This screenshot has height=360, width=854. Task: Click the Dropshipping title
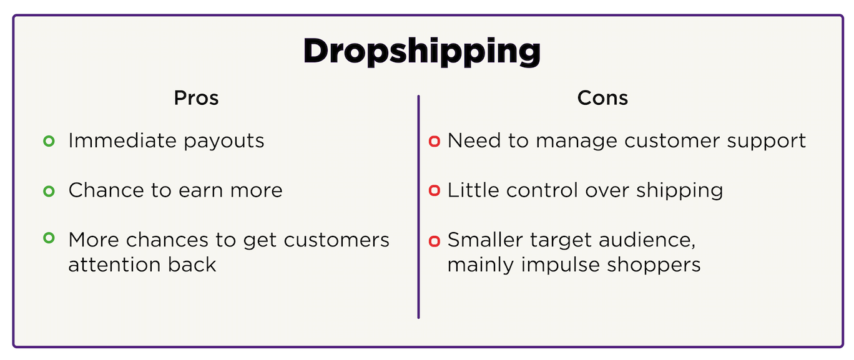click(x=421, y=52)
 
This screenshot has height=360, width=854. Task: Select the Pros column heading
click(x=197, y=98)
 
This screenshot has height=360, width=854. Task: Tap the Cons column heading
click(x=602, y=98)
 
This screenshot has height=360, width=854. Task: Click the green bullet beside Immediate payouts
click(x=49, y=141)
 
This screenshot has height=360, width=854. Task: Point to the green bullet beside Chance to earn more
click(x=49, y=191)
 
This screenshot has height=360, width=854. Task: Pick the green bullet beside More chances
click(x=49, y=238)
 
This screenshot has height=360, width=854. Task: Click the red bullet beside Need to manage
click(x=434, y=141)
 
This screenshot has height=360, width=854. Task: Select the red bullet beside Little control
click(x=434, y=190)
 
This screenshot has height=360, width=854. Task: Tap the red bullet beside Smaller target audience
click(x=434, y=241)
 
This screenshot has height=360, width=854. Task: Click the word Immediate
click(x=122, y=140)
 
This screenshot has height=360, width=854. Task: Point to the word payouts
click(x=223, y=142)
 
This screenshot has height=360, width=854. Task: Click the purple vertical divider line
click(x=419, y=207)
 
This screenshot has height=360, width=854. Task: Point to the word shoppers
click(x=654, y=266)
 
